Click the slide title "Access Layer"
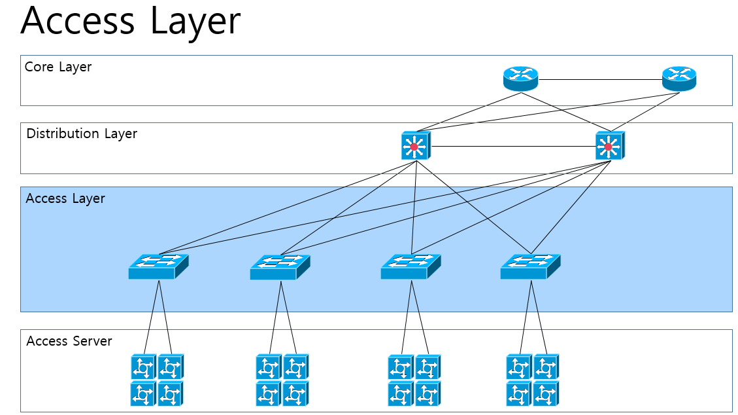pos(130,21)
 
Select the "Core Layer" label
pos(58,67)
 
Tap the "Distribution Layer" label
pos(82,134)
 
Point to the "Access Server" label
pos(69,341)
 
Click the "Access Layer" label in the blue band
pos(65,198)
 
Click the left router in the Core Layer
pos(520,79)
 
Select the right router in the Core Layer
pos(679,79)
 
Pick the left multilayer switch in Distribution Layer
pos(414,146)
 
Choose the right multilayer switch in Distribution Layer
pos(609,146)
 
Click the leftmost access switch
pos(158,266)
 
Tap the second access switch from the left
pos(280,267)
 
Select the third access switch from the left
pos(411,266)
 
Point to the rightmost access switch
pos(530,266)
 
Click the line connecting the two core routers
pos(599,80)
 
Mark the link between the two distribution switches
pos(512,147)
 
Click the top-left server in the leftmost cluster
pos(143,367)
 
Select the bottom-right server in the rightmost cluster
pos(546,393)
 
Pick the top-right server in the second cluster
pos(295,367)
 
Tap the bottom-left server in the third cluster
pos(400,393)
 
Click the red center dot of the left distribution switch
pos(413,147)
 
